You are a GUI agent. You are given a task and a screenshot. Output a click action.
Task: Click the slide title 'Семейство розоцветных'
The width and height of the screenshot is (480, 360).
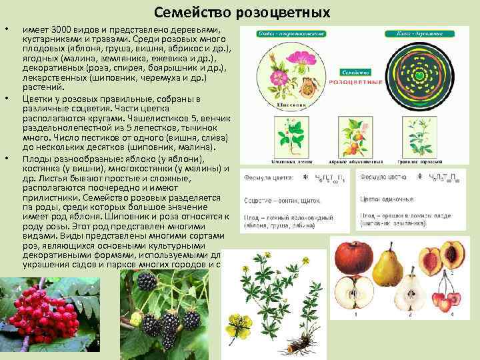click(x=241, y=13)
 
